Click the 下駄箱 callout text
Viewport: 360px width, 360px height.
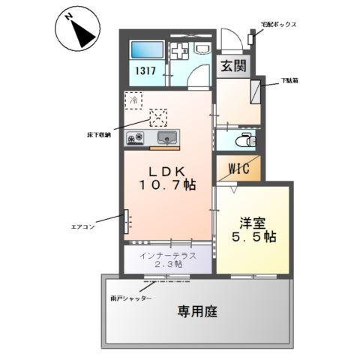pos(292,80)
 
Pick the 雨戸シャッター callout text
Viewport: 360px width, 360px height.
pos(131,298)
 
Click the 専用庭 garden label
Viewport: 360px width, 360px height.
pos(197,311)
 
